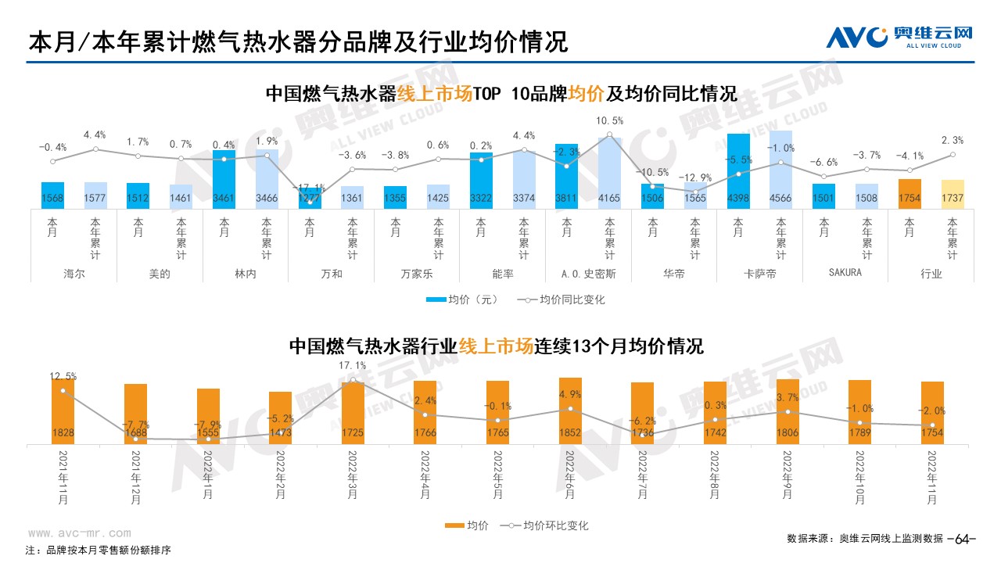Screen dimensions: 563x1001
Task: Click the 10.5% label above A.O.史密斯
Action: (x=609, y=121)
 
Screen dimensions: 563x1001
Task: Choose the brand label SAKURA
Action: (x=845, y=273)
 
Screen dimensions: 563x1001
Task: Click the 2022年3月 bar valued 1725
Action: (x=353, y=413)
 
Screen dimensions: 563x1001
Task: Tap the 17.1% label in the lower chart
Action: (x=353, y=366)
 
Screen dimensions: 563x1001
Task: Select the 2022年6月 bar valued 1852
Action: (x=570, y=411)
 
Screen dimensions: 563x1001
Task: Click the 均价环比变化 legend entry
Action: (x=547, y=525)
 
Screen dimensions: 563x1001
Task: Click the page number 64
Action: (x=962, y=539)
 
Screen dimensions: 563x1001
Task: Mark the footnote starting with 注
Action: (x=98, y=550)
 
